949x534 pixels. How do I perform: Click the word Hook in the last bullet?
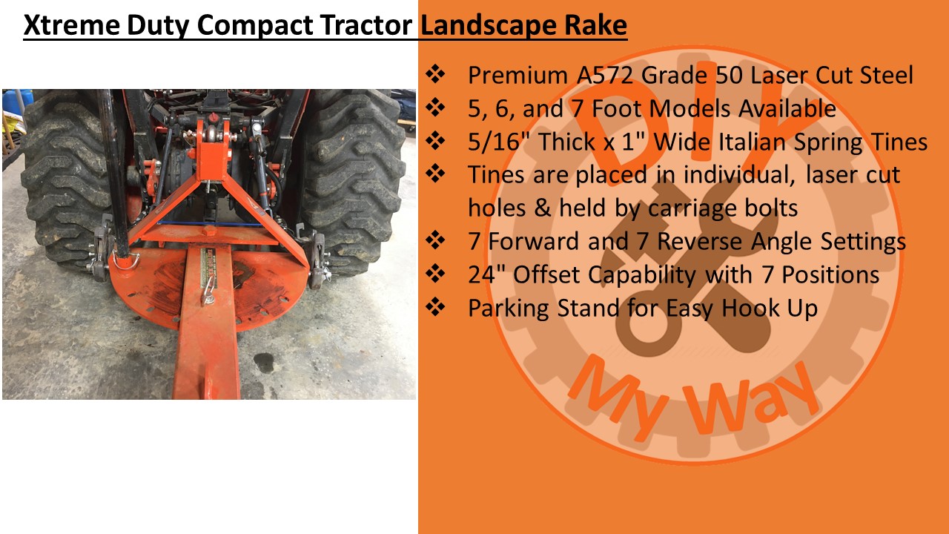[x=750, y=309]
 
